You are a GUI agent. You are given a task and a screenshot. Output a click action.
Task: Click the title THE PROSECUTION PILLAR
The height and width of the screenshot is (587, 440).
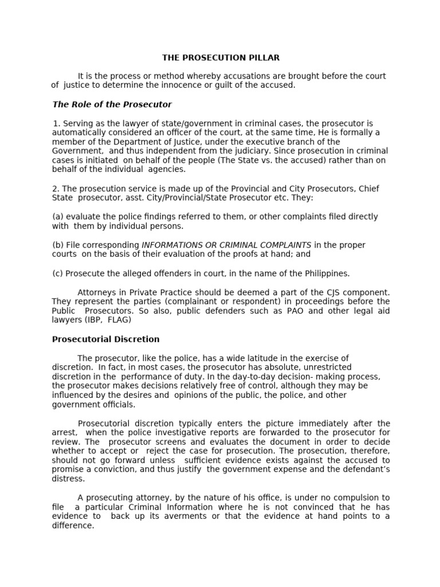221,57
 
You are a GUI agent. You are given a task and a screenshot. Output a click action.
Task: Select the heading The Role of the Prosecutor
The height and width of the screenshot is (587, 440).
112,104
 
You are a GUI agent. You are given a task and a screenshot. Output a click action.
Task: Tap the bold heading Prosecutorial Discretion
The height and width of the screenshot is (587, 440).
105,339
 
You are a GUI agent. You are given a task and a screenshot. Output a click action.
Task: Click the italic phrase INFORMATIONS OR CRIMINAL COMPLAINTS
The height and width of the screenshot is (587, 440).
226,245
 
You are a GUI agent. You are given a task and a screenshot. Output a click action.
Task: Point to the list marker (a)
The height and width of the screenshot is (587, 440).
57,217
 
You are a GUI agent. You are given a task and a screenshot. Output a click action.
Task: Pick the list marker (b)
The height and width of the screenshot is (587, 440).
57,245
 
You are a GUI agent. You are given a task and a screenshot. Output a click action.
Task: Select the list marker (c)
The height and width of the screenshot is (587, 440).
57,273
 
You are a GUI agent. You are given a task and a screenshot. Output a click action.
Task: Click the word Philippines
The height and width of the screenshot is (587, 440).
327,273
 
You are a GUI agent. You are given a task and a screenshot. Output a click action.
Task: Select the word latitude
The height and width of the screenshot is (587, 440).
254,358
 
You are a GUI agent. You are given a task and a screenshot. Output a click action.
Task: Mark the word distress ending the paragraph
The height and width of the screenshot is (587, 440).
67,479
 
